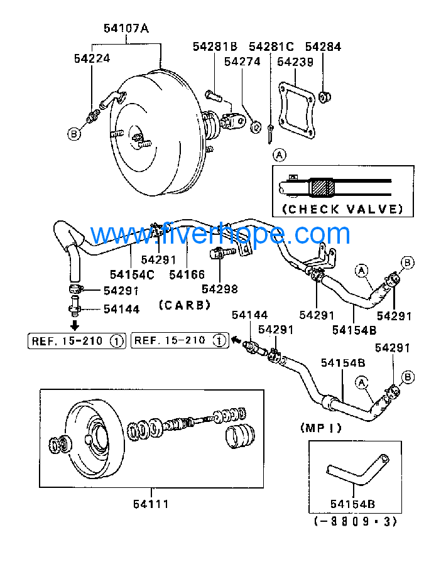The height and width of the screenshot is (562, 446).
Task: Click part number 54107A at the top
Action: coord(126,28)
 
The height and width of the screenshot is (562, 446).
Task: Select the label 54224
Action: coord(92,58)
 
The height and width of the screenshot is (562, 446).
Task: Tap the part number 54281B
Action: coord(215,46)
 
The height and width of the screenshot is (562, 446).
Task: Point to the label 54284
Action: coord(323,46)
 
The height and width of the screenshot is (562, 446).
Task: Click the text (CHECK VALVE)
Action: coord(342,208)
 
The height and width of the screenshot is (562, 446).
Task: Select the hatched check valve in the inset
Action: coord(323,186)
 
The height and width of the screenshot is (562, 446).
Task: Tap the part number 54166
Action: coord(187,274)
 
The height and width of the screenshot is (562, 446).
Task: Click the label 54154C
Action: coord(132,274)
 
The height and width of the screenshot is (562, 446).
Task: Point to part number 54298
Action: coord(220,288)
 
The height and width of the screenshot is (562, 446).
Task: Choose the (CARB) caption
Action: coord(184,305)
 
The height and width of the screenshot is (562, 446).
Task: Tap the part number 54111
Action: coord(151,503)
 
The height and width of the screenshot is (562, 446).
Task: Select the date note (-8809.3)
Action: coord(355,521)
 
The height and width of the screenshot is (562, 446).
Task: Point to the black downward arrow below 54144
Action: coord(74,325)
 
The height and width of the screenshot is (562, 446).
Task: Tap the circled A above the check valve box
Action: coord(279,153)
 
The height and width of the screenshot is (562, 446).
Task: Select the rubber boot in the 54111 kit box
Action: coord(239,437)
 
